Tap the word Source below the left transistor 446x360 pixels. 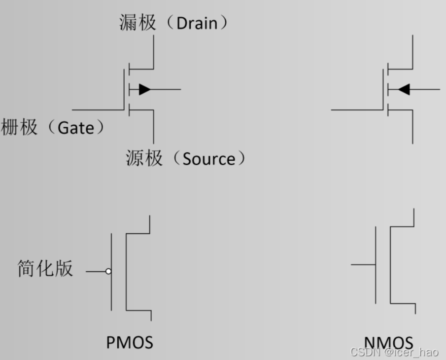(x=208, y=159)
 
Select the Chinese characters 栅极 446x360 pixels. (x=19, y=128)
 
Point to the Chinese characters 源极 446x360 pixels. (x=144, y=158)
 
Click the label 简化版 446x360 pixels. (x=45, y=269)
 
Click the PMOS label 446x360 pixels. (x=130, y=342)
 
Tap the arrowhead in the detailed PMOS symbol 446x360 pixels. (x=144, y=89)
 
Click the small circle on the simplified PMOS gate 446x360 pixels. (x=108, y=271)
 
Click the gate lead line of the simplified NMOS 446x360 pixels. (x=363, y=265)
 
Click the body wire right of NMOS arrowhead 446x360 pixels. (x=425, y=89)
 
